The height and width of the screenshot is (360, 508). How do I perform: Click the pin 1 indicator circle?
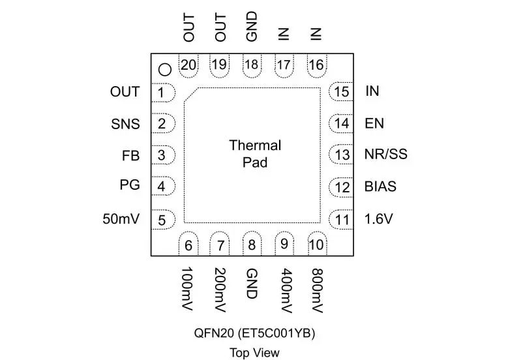coord(165,68)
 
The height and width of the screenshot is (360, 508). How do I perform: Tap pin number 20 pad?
coord(188,65)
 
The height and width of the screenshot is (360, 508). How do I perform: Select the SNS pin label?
coord(125,123)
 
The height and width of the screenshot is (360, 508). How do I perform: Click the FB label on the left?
coord(131,155)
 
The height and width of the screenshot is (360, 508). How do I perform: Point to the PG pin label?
coord(129,187)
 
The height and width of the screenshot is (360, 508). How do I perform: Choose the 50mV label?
coord(121,219)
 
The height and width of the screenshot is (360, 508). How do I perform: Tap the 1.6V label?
coord(379,219)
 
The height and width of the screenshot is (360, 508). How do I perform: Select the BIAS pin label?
coord(380,187)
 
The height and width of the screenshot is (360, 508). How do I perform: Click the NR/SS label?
coord(385,155)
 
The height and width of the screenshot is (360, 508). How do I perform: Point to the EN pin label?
coord(374,123)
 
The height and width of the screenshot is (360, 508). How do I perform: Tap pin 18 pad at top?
coord(252,65)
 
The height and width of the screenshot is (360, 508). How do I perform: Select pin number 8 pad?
coord(252,246)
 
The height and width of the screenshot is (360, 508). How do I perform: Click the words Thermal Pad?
coord(255,153)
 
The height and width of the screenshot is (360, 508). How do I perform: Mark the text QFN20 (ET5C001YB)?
coord(254,333)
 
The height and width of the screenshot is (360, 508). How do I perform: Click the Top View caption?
coord(254,353)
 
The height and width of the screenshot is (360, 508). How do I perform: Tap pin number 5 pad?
coord(162,219)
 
